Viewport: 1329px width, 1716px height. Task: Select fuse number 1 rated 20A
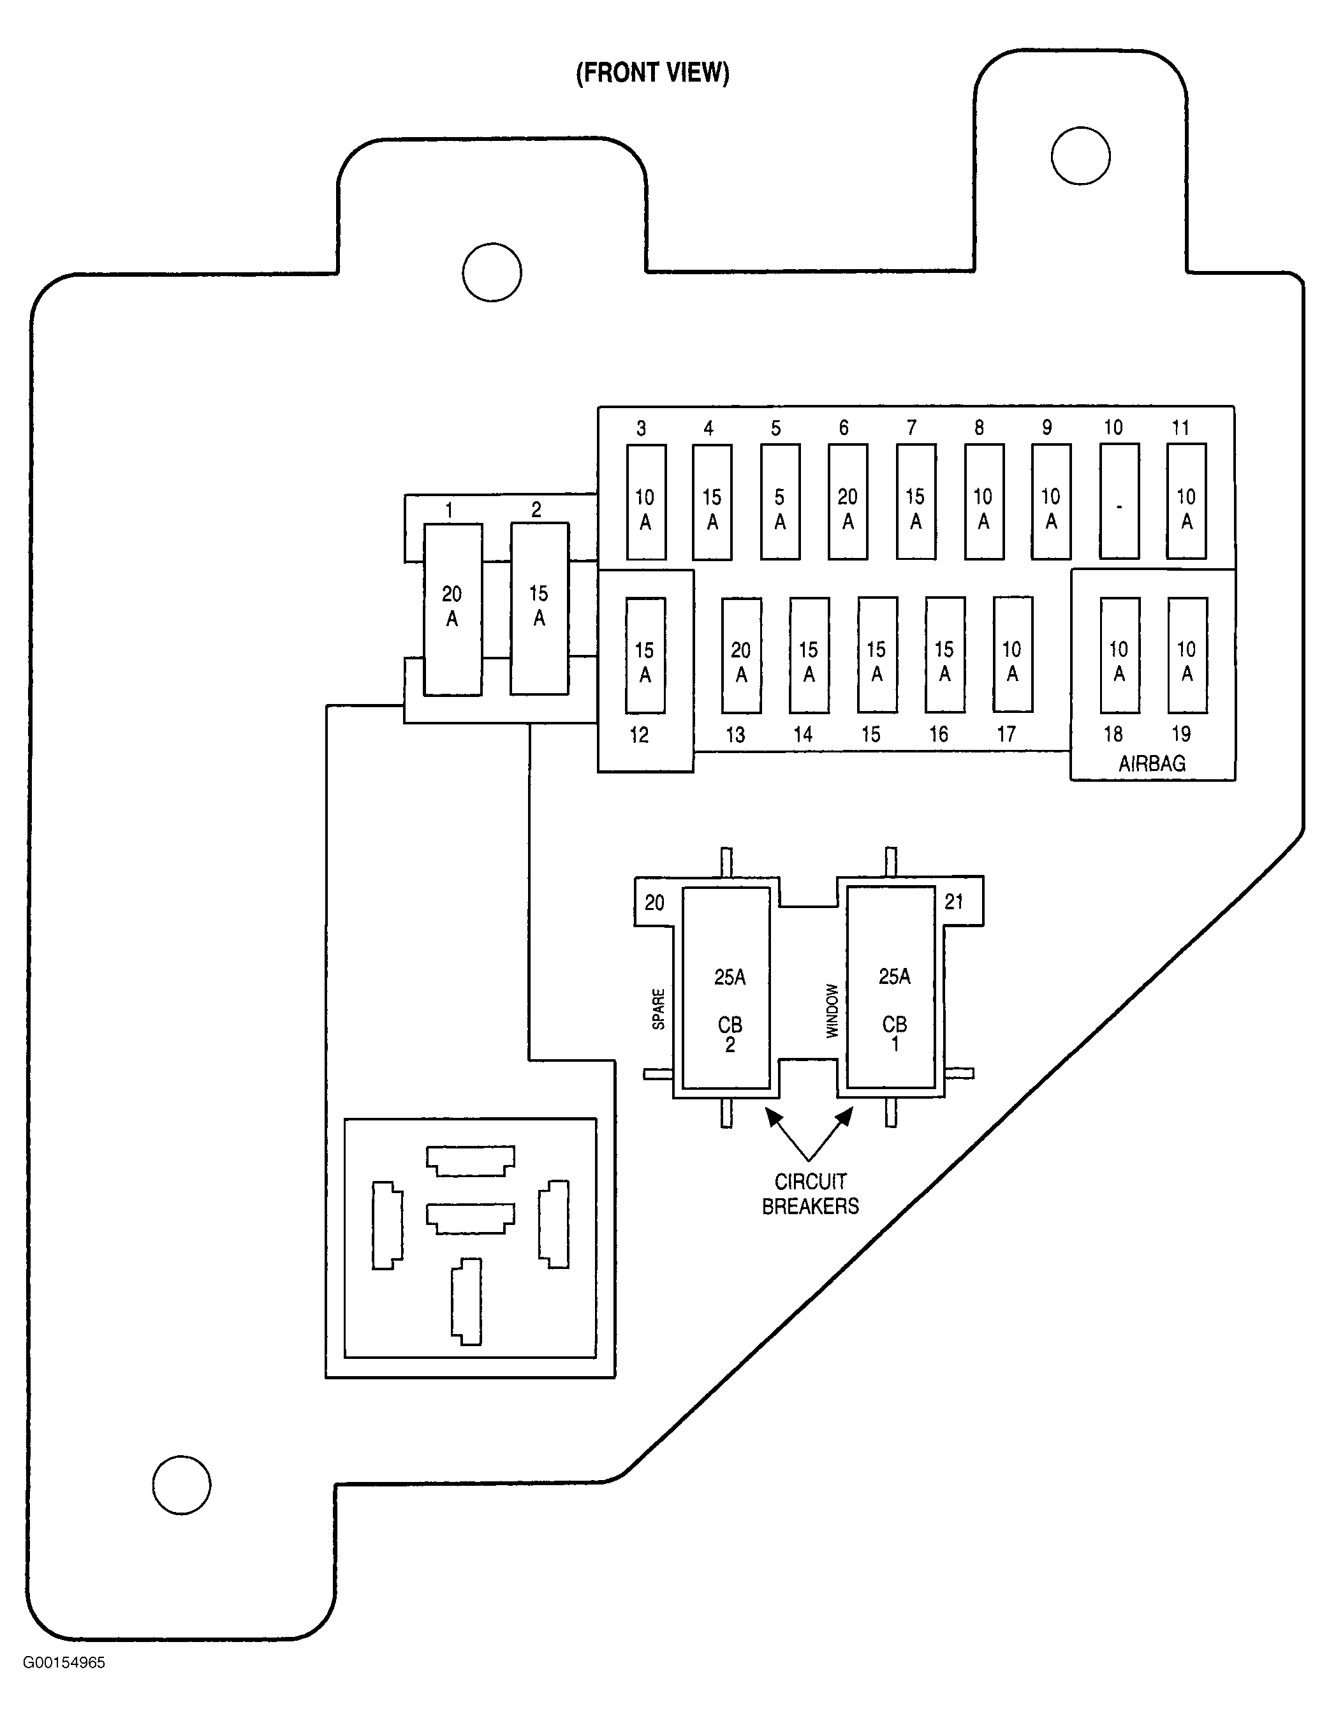click(453, 609)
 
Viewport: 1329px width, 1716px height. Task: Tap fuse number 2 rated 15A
click(539, 608)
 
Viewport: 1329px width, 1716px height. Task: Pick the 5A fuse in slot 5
click(781, 501)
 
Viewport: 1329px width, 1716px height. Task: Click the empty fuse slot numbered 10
click(1119, 501)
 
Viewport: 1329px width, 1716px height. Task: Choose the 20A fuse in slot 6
click(848, 501)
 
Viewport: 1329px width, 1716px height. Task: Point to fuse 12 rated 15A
click(645, 656)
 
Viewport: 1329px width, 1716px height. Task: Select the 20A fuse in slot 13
click(741, 656)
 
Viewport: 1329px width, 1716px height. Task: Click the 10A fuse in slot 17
click(1012, 654)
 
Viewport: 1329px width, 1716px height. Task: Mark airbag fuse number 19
click(1187, 656)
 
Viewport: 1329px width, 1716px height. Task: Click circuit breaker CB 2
click(726, 988)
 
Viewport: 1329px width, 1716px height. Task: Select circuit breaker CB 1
click(890, 988)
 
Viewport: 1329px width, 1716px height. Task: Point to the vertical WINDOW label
click(832, 1011)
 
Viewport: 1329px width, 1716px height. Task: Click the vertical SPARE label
click(659, 1009)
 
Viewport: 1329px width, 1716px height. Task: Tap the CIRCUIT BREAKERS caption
click(811, 1194)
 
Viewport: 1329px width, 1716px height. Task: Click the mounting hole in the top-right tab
click(1081, 156)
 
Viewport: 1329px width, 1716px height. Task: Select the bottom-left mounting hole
click(182, 1485)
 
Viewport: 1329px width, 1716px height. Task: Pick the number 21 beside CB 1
click(953, 901)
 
